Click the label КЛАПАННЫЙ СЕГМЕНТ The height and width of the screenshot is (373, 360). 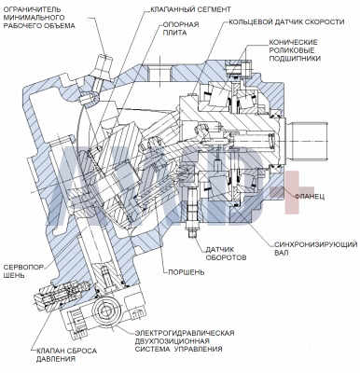pos(190,9)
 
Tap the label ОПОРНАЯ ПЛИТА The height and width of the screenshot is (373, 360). pos(181,29)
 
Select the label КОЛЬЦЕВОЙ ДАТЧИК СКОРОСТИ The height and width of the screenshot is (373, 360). pos(286,22)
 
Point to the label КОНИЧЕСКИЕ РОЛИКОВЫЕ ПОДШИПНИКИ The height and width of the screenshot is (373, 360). pos(294,50)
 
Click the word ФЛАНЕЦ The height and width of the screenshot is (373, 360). pos(310,197)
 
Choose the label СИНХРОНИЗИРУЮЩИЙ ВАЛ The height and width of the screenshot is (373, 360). pos(315,248)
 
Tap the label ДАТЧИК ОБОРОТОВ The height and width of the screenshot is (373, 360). pos(227,254)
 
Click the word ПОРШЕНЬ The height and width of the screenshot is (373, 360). pos(187,272)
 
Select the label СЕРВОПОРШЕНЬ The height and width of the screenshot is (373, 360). pos(23,271)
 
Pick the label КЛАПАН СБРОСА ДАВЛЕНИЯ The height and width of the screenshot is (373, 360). pos(66,355)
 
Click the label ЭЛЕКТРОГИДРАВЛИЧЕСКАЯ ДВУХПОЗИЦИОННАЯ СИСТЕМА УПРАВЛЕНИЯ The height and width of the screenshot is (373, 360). pos(185,341)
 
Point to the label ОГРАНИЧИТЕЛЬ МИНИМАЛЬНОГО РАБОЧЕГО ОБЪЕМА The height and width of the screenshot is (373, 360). pos(39,18)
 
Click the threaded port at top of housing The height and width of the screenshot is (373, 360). pos(159,73)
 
